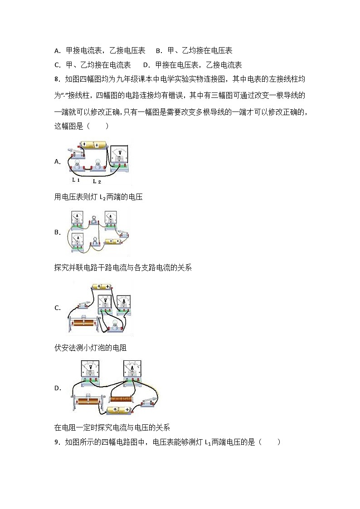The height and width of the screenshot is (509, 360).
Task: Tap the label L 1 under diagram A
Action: tap(76, 180)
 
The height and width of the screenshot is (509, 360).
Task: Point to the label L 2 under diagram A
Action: tap(97, 181)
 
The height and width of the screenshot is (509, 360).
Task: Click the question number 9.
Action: tap(57, 442)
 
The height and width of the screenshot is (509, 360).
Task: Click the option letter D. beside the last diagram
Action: tap(58, 388)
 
